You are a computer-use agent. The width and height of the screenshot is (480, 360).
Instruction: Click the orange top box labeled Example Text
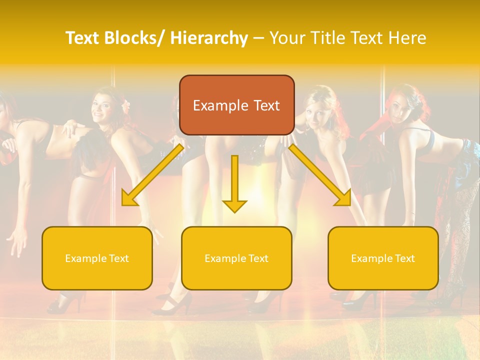point(236,105)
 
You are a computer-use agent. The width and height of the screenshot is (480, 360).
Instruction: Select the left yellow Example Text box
point(97,258)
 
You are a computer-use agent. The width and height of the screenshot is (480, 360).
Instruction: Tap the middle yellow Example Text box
point(236,258)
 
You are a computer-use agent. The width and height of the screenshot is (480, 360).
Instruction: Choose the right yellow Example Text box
point(383,258)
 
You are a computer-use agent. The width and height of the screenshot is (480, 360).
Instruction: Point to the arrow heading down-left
point(152,175)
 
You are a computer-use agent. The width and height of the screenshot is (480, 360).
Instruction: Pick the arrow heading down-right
point(320,175)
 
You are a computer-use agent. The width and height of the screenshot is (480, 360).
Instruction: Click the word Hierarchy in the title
point(209,38)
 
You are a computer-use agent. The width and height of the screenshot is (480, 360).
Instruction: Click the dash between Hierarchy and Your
point(258,38)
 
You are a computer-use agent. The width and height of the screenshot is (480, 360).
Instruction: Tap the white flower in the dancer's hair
point(126,104)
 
